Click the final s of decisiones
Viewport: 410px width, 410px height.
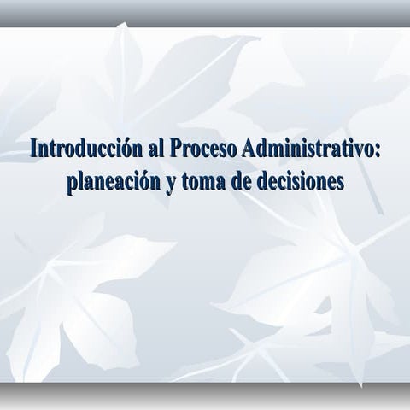pos(339,182)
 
